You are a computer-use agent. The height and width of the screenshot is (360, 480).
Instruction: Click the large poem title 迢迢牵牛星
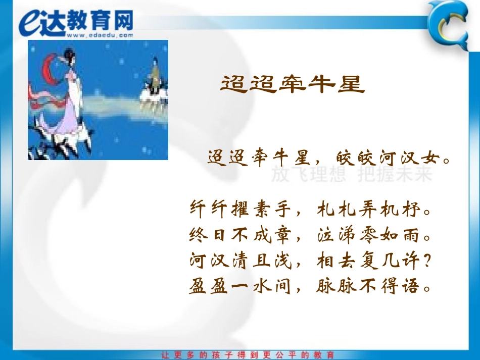pyautogui.click(x=292, y=84)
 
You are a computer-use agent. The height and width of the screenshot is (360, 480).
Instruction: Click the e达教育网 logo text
pyautogui.click(x=76, y=21)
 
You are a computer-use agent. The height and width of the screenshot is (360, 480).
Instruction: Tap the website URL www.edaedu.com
pyautogui.click(x=99, y=35)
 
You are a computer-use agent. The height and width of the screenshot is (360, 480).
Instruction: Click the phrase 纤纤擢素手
pyautogui.click(x=240, y=208)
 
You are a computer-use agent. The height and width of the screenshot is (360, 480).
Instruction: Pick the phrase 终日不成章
pyautogui.click(x=240, y=234)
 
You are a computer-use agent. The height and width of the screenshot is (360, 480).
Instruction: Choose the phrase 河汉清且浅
pyautogui.click(x=240, y=261)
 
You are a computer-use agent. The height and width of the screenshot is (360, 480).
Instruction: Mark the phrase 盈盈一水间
pyautogui.click(x=240, y=287)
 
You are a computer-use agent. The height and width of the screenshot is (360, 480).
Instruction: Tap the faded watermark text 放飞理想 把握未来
pyautogui.click(x=352, y=175)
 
